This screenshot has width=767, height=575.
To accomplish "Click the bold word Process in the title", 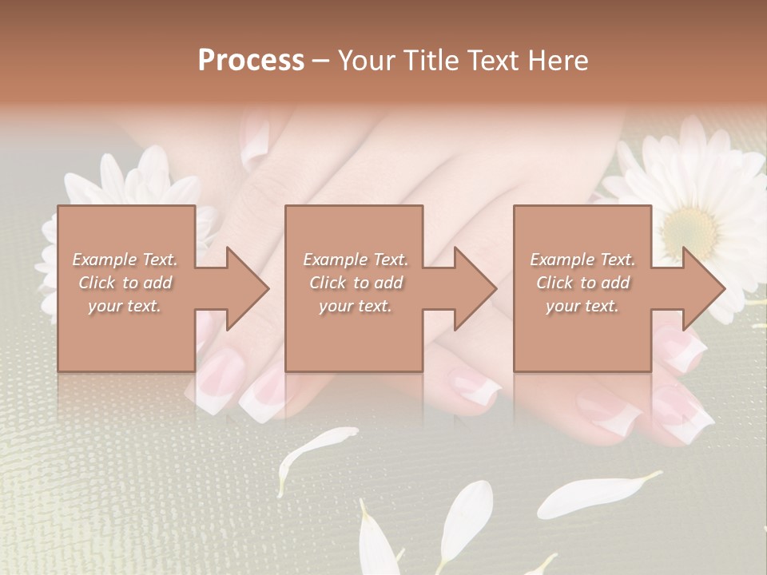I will click(x=251, y=61).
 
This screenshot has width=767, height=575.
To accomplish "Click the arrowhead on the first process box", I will click(x=247, y=288).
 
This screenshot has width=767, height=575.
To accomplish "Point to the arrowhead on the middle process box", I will click(x=475, y=288).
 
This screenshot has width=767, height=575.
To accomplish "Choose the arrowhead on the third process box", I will click(x=703, y=288).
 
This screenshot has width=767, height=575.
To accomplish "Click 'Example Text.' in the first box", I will click(x=125, y=260).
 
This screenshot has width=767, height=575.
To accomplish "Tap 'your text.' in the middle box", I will click(x=355, y=306).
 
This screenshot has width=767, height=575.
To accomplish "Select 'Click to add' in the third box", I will click(x=582, y=283).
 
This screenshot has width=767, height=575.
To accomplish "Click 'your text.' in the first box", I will click(x=125, y=306).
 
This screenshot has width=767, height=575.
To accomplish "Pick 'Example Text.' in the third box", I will click(x=582, y=260).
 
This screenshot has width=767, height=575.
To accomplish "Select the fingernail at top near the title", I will click(x=256, y=141).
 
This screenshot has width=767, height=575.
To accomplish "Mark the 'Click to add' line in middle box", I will click(x=355, y=283).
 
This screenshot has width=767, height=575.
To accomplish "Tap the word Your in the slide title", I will click(x=365, y=61).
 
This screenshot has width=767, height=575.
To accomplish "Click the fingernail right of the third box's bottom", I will click(x=679, y=343).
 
